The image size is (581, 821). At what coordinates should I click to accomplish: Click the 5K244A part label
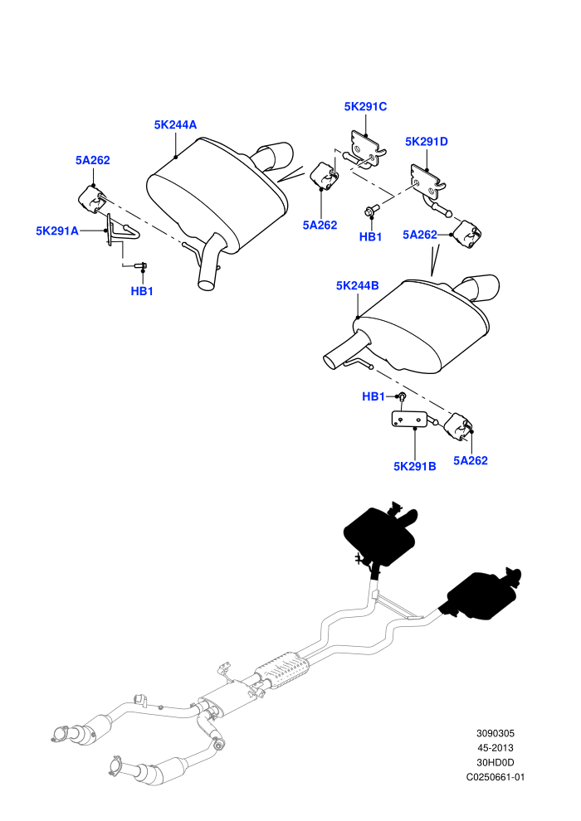pos(175,124)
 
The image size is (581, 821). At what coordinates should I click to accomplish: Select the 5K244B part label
pos(357,286)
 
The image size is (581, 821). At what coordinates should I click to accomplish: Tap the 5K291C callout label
pos(365,107)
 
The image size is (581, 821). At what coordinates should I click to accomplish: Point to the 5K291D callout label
pos(427,141)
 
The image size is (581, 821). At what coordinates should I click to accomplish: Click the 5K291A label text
pos(57,231)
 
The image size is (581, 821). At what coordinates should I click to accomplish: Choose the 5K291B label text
pos(414,466)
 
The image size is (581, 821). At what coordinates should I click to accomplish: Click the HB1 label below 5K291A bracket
pos(142,291)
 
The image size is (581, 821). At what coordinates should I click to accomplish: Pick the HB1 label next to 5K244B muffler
pos(373,397)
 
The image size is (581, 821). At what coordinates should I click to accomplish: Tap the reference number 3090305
pos(495,734)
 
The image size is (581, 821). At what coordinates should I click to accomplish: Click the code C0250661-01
pos(495,778)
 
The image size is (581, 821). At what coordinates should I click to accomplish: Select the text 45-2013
pos(495,748)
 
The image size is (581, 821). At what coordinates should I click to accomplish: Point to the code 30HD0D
pos(495,763)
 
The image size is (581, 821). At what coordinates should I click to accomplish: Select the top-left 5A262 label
pos(93,160)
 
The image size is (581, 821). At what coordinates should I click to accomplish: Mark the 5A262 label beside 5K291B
pos(471,461)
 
